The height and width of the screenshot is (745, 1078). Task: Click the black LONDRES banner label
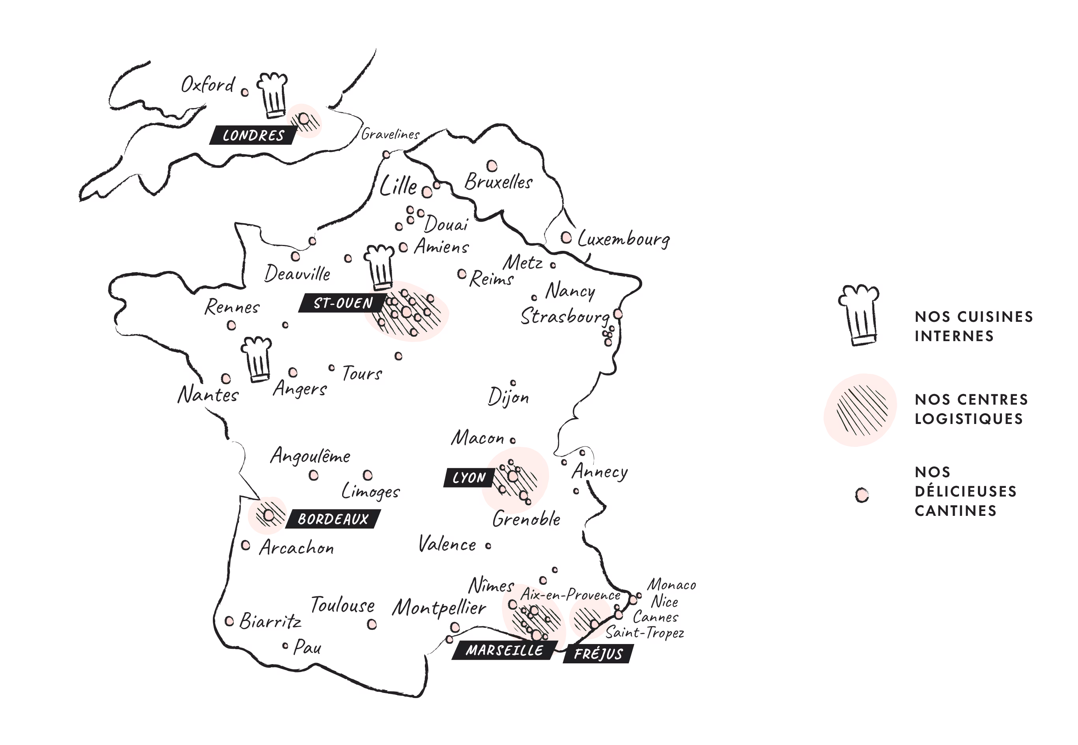point(253,135)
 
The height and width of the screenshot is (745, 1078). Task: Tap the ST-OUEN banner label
point(343,303)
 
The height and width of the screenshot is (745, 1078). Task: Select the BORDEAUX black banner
point(333,519)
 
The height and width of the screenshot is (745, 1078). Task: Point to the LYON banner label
point(469,478)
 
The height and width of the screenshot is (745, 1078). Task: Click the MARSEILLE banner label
point(504,650)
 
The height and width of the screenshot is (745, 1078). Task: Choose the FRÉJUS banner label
point(598,654)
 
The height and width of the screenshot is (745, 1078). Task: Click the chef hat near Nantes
point(257,359)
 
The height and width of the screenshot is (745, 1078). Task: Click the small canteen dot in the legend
point(862,495)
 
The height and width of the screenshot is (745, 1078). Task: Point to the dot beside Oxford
point(244,92)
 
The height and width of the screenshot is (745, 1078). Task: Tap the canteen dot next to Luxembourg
point(566,237)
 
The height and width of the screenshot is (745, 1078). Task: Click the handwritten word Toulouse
point(343,605)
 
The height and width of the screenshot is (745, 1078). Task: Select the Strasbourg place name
point(565,316)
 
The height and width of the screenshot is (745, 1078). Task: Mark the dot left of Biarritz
point(229,621)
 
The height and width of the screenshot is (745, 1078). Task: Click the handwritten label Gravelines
point(391,134)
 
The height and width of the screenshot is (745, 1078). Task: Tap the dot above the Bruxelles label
point(492,166)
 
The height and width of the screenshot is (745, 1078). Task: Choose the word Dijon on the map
point(508,397)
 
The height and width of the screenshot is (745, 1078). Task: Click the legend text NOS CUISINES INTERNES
point(973,326)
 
